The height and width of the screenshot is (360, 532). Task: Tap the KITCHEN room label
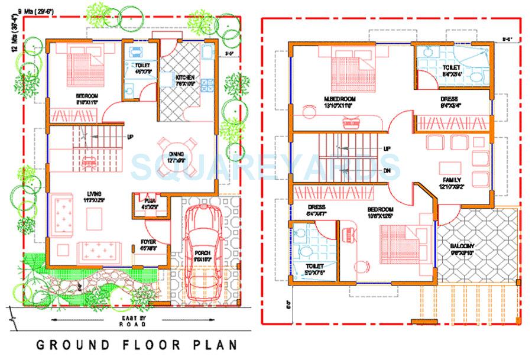(x=185, y=77)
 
